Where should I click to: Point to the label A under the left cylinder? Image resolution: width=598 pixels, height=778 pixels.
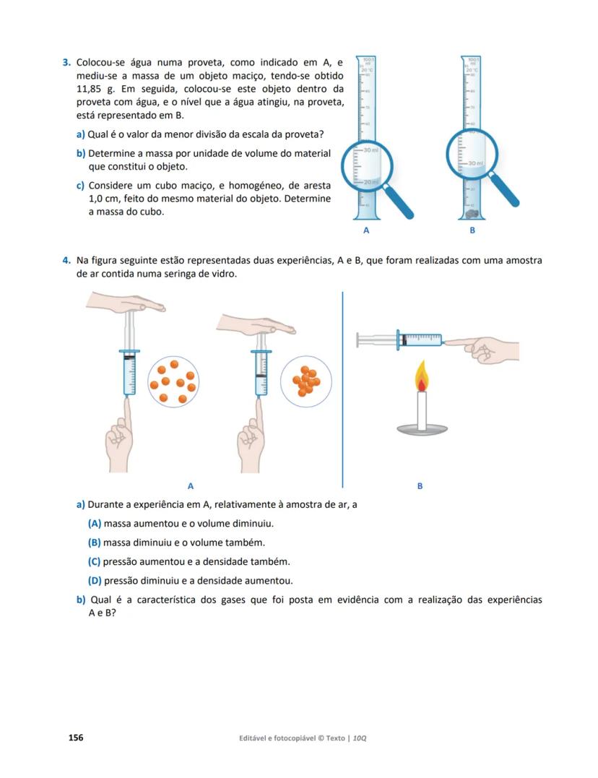click(x=366, y=231)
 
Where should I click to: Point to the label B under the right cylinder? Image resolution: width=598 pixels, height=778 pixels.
click(x=472, y=231)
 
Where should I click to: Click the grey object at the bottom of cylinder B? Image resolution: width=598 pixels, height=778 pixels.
click(x=471, y=213)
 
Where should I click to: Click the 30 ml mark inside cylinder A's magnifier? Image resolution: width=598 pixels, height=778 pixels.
click(x=370, y=150)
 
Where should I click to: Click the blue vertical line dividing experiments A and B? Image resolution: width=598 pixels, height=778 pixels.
click(x=342, y=390)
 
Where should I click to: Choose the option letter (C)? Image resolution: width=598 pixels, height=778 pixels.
click(x=94, y=561)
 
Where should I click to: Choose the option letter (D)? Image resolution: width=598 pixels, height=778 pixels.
click(x=94, y=581)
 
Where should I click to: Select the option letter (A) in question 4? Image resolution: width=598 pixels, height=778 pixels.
click(x=94, y=524)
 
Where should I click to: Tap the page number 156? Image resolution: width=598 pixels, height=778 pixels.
click(x=76, y=738)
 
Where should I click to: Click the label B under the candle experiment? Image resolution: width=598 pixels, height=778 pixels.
click(x=420, y=486)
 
